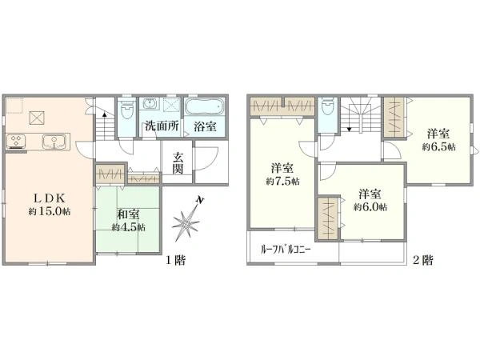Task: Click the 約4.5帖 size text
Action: [128, 226]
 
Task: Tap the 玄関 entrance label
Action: [178, 163]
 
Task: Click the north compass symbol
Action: [189, 219]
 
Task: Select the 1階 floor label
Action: [175, 261]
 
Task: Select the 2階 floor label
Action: [422, 261]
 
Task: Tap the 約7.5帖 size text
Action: [282, 182]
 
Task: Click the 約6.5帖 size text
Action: [438, 148]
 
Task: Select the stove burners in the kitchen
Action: [17, 142]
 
